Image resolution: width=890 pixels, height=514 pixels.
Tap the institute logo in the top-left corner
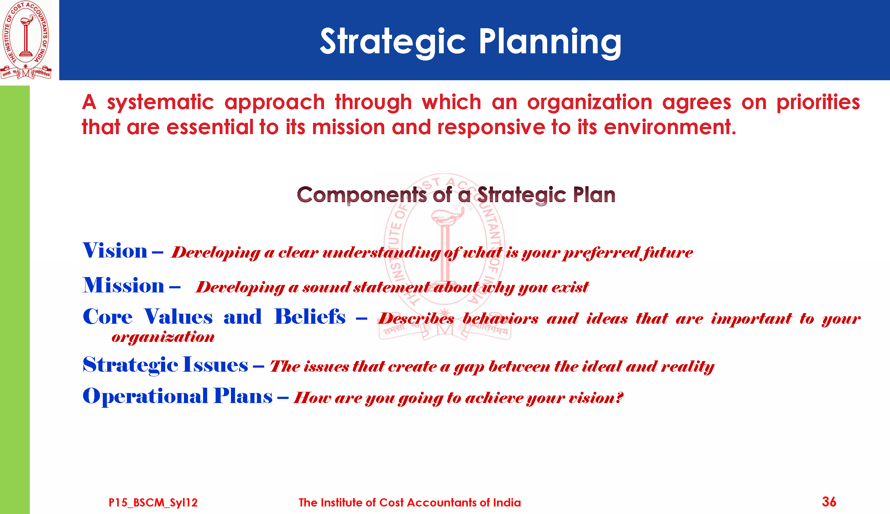tap(26, 39)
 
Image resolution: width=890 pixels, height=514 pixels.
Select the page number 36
tap(829, 502)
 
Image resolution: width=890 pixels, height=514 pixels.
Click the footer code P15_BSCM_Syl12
tap(153, 502)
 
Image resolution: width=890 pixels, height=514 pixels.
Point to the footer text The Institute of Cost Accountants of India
tap(410, 502)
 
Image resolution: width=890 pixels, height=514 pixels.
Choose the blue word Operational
tap(145, 396)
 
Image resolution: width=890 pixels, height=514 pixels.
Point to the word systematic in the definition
tap(160, 102)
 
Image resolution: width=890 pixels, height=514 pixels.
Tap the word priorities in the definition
tap(818, 102)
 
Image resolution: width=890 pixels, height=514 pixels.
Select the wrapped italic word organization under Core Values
tap(163, 338)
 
